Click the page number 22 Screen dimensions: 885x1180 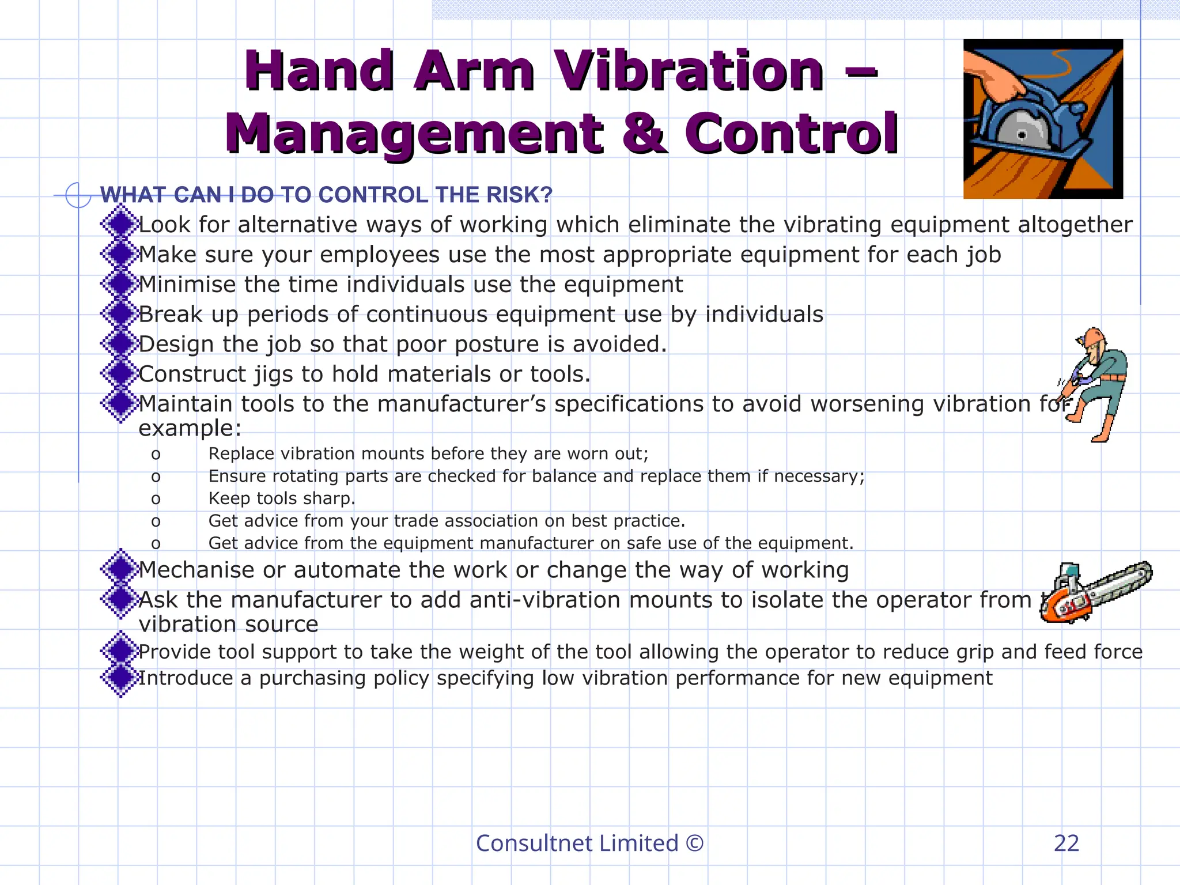pos(1066,843)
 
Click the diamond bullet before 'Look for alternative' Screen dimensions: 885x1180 pos(120,224)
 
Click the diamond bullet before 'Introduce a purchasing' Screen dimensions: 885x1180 pos(120,678)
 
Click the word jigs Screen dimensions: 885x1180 pos(274,375)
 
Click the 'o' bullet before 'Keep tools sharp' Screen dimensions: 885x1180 pos(156,498)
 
